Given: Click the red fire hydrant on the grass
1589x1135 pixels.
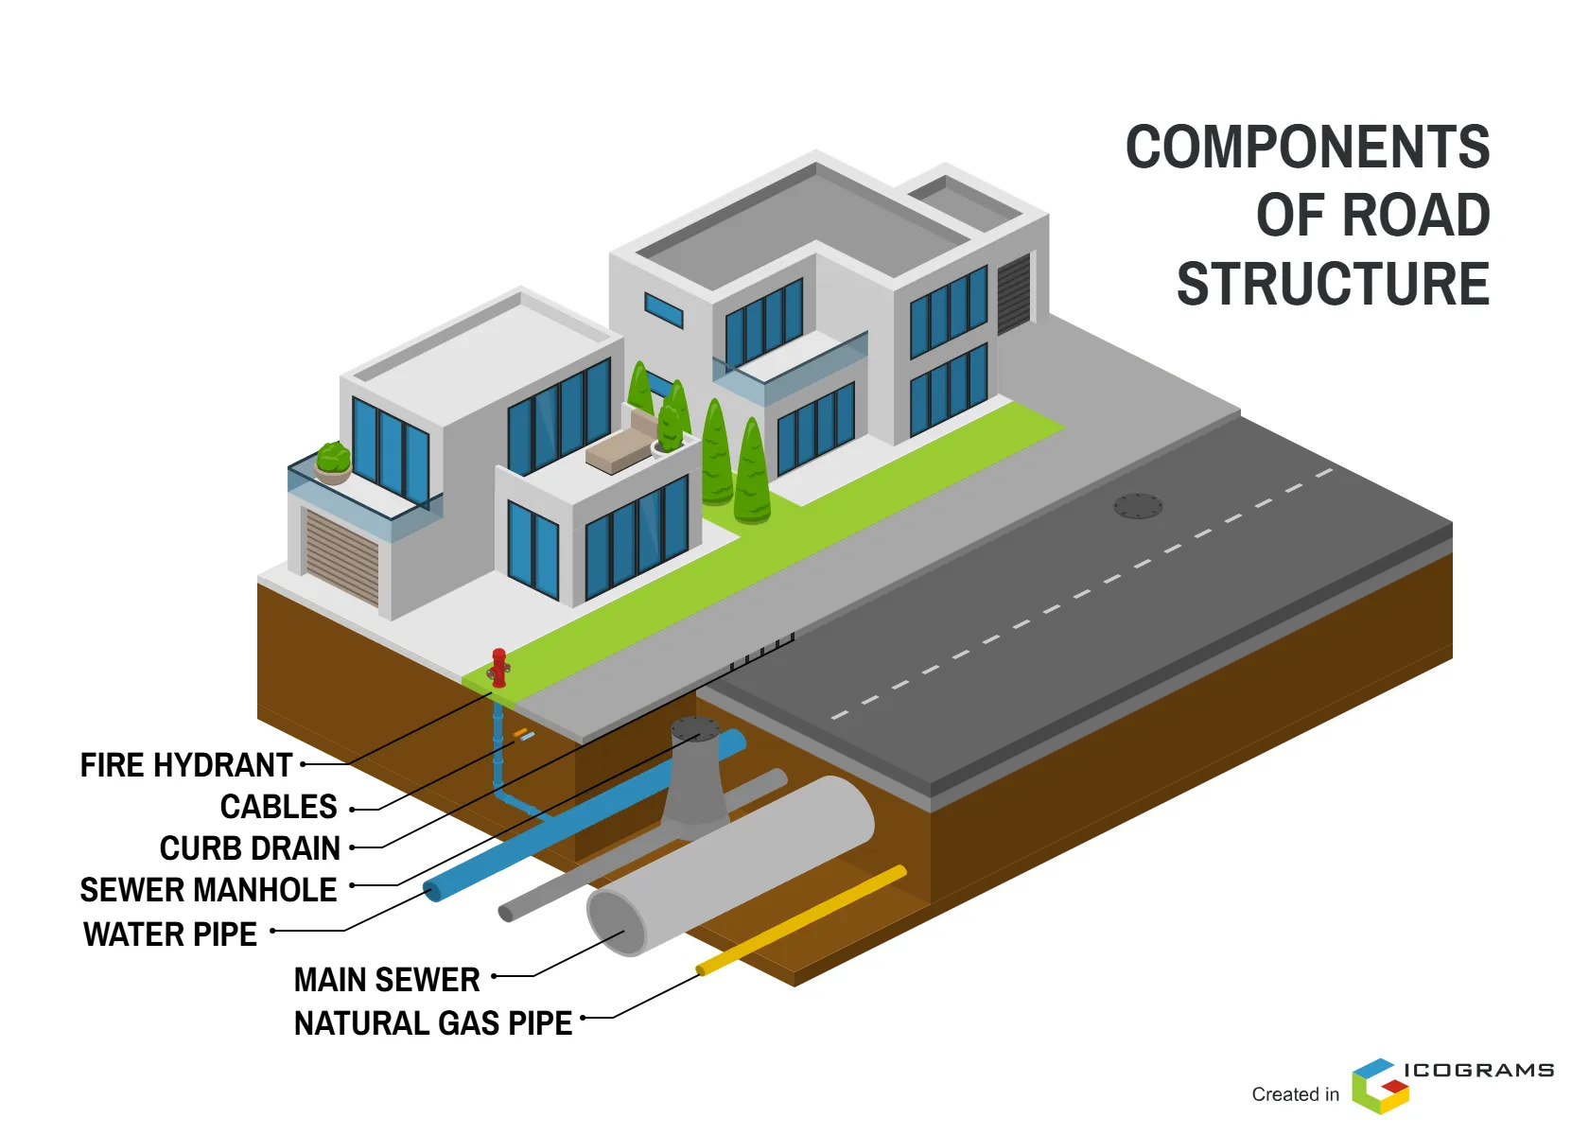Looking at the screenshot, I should (498, 667).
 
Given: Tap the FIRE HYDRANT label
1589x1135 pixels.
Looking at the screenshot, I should (186, 765).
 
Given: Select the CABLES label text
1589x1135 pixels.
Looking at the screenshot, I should (278, 807).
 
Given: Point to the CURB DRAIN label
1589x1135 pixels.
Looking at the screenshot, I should (250, 848).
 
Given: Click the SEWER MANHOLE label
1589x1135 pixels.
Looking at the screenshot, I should (208, 890).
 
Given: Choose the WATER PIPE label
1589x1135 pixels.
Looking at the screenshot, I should (170, 934).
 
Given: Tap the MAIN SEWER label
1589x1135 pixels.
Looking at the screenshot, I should (387, 980).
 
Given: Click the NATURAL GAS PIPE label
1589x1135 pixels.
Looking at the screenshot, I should (433, 1023).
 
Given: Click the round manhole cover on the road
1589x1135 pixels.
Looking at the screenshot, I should (1137, 506).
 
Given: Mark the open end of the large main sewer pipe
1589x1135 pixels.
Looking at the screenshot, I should (617, 922).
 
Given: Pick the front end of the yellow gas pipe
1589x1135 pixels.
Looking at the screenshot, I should (702, 969).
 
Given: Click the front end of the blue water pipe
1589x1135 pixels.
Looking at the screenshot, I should (432, 890).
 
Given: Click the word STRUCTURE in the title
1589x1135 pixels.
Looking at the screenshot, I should (1333, 284).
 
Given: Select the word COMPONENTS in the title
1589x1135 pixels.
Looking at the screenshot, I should (1307, 148).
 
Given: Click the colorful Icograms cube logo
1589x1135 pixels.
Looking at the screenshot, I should (1379, 1086).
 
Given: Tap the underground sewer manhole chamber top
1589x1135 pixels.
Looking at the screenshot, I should (695, 729).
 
